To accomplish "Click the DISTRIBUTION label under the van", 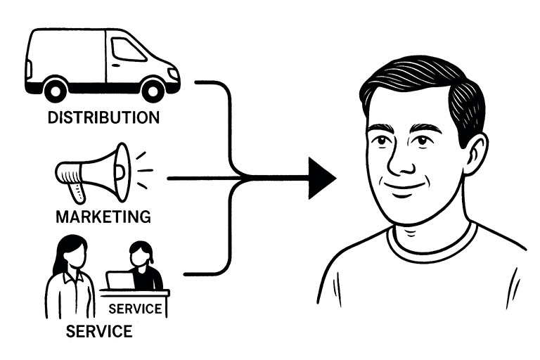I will [103, 116].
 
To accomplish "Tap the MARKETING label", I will [103, 215].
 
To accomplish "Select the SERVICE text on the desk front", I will [136, 308].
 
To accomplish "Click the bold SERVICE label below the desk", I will [98, 330].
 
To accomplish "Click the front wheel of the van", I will [153, 90].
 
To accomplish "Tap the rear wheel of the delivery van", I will [55, 90].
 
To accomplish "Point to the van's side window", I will [127, 51].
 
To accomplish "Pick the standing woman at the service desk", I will [70, 278].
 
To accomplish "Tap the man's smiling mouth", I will [406, 188].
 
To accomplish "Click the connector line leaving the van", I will [211, 83].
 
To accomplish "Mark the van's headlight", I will [172, 73].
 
